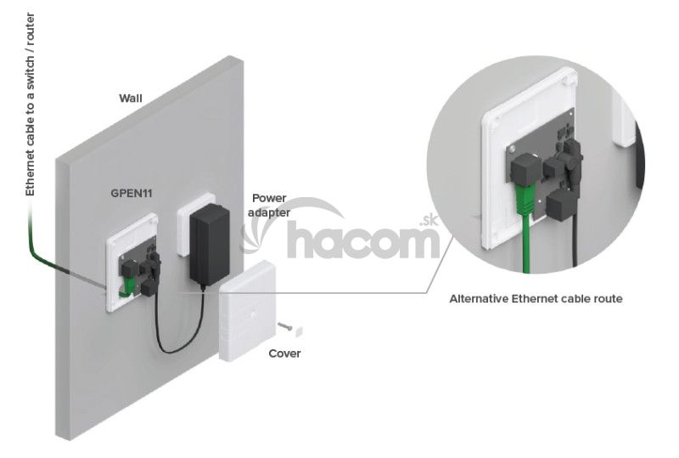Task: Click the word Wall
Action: pyautogui.click(x=130, y=98)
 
